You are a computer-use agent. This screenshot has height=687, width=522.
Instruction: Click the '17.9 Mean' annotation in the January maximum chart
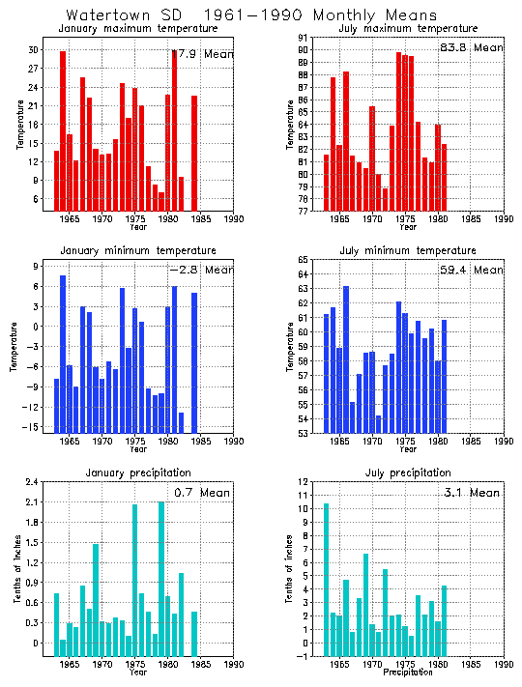coord(202,54)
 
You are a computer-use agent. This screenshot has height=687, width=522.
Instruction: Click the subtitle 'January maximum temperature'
coord(138,29)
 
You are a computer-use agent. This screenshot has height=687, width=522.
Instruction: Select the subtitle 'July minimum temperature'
coord(408,251)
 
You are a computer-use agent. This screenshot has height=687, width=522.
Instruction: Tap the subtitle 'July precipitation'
coord(408,472)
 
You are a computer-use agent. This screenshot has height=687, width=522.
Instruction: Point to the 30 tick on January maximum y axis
coord(33,49)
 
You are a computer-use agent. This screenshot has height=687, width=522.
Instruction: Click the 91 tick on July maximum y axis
coord(303,38)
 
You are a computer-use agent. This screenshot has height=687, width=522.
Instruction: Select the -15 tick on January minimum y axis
coord(30,427)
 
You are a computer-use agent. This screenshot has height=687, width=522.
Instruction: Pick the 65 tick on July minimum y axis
coord(303,260)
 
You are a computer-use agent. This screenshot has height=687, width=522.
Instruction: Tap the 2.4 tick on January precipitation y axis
coord(31,482)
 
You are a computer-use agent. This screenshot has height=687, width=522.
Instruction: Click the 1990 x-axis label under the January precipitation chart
coord(233,665)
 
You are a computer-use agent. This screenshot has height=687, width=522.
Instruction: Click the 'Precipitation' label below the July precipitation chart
coord(408,673)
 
